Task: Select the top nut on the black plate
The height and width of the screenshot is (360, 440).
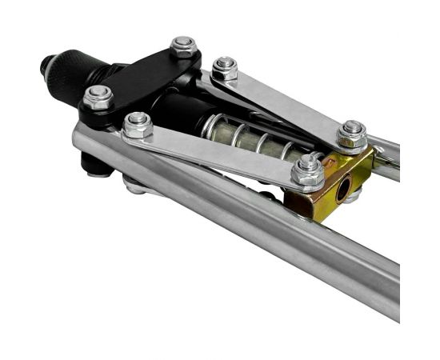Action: tap(183, 47)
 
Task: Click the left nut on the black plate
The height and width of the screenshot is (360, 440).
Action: tap(98, 98)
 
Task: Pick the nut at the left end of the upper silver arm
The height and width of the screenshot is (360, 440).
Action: tap(226, 68)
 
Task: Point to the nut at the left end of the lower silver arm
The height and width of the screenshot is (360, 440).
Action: tap(138, 125)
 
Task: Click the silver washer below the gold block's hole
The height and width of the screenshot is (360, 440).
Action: tap(352, 199)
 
